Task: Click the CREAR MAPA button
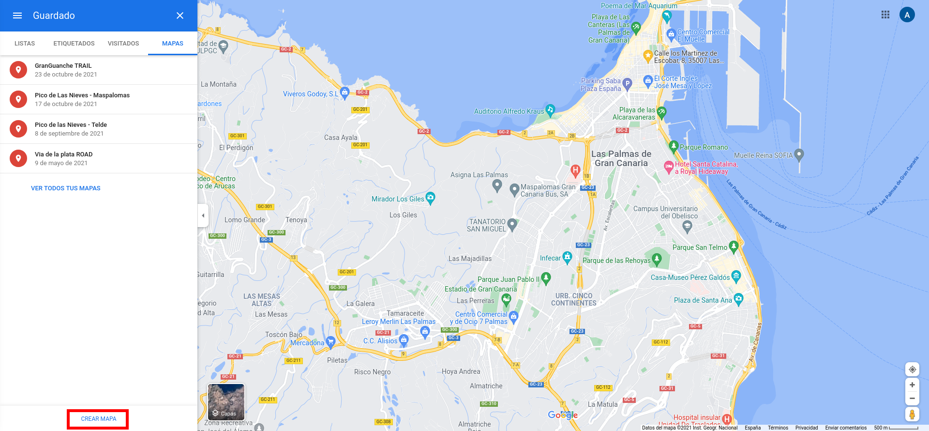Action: click(98, 419)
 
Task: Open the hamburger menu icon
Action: click(17, 15)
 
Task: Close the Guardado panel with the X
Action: click(180, 15)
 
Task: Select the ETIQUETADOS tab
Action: click(74, 44)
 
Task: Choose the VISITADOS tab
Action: click(123, 44)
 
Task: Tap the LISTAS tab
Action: click(25, 44)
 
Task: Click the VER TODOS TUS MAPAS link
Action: click(66, 188)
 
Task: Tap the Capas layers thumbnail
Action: click(226, 401)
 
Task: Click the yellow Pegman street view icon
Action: click(912, 415)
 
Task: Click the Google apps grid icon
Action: click(885, 15)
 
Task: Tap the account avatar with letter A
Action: click(907, 15)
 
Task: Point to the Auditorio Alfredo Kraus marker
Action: click(550, 110)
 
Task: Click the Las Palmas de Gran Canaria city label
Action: click(621, 158)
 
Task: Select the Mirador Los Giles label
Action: click(398, 199)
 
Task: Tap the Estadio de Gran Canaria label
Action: click(480, 289)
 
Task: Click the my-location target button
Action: click(912, 369)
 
